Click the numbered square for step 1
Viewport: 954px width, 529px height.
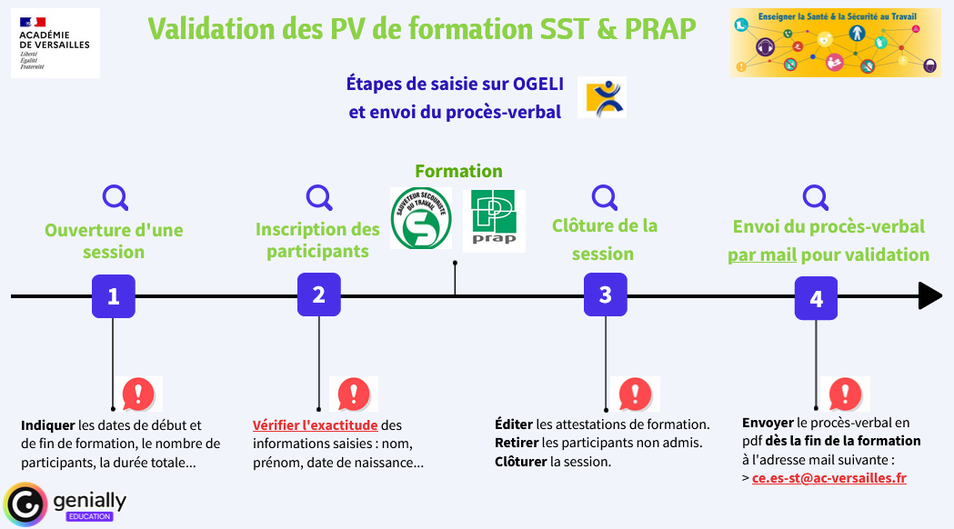[114, 296]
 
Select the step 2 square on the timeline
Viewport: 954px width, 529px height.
[319, 294]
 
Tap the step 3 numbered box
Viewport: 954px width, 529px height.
[606, 294]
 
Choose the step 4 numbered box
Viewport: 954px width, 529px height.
[816, 299]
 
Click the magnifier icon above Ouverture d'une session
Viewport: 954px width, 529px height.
[115, 197]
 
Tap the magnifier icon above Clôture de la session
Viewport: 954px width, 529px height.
[604, 196]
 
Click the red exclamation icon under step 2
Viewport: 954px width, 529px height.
[353, 394]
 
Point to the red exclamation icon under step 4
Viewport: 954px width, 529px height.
[846, 394]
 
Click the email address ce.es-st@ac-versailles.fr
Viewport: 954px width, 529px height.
[828, 478]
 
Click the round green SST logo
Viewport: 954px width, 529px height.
[421, 218]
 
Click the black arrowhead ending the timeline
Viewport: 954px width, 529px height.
[929, 295]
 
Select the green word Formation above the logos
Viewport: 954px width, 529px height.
[458, 171]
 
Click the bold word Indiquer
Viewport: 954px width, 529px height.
[48, 424]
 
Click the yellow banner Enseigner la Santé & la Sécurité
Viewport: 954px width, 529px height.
[835, 43]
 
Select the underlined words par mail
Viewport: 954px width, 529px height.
[762, 255]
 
